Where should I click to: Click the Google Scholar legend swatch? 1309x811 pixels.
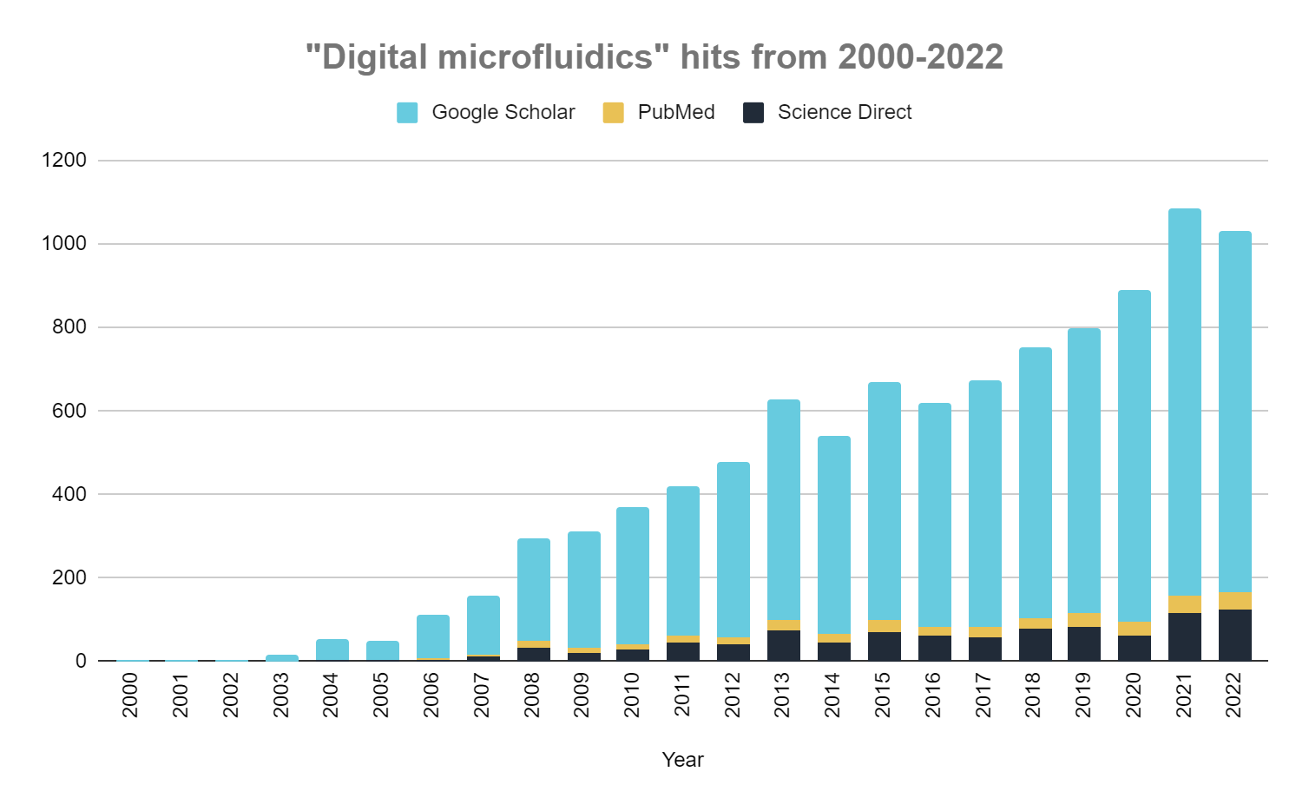click(x=407, y=113)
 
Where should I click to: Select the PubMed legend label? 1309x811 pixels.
click(x=675, y=113)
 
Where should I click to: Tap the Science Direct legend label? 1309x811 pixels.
click(x=844, y=113)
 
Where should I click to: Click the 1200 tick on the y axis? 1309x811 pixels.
click(x=63, y=161)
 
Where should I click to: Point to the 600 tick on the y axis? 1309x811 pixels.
click(x=69, y=411)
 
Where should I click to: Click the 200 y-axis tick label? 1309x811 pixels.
click(x=69, y=577)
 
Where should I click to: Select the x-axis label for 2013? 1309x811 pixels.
click(x=783, y=695)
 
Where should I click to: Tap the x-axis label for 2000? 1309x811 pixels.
click(x=130, y=695)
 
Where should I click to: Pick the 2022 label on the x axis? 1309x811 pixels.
click(x=1234, y=695)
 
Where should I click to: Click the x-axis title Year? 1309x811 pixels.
click(x=682, y=760)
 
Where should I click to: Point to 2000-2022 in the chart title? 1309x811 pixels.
click(x=920, y=57)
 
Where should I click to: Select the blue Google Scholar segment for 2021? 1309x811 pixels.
click(x=1184, y=399)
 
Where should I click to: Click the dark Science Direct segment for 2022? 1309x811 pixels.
click(x=1234, y=636)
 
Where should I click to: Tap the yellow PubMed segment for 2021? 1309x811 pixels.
click(x=1184, y=604)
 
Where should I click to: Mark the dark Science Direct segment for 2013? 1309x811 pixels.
click(x=783, y=646)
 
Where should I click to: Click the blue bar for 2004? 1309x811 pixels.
click(x=332, y=649)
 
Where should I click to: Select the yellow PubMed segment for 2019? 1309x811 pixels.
click(x=1083, y=620)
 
